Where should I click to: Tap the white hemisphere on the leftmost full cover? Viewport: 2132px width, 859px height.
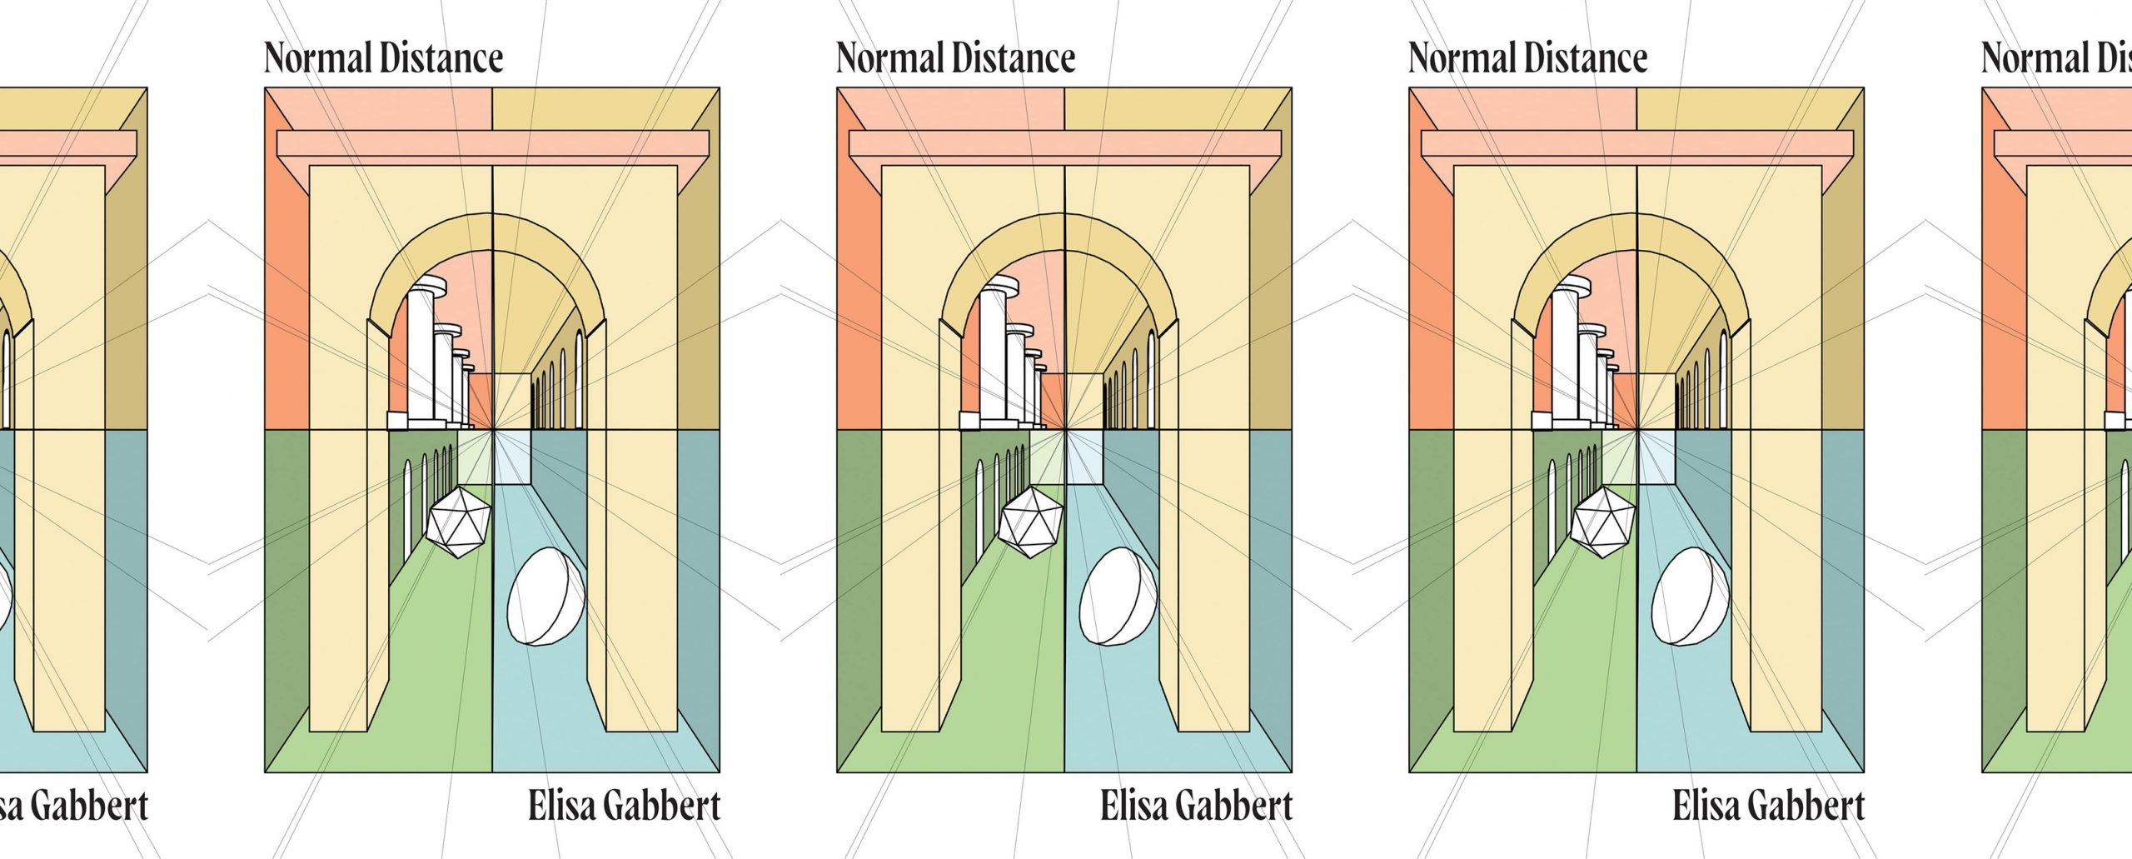pyautogui.click(x=545, y=597)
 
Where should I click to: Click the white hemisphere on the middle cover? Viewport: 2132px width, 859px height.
pyautogui.click(x=1118, y=597)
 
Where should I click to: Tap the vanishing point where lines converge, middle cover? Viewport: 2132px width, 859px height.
pyautogui.click(x=1064, y=430)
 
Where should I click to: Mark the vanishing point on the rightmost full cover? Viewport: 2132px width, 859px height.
pyautogui.click(x=1636, y=430)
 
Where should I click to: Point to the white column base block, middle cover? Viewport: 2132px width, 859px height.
pyautogui.click(x=969, y=421)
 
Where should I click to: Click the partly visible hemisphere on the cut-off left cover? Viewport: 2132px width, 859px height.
pyautogui.click(x=5, y=597)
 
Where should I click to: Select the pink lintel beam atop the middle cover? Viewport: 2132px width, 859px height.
pyautogui.click(x=1064, y=142)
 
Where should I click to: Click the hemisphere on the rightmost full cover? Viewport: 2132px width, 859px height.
pyautogui.click(x=1690, y=597)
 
